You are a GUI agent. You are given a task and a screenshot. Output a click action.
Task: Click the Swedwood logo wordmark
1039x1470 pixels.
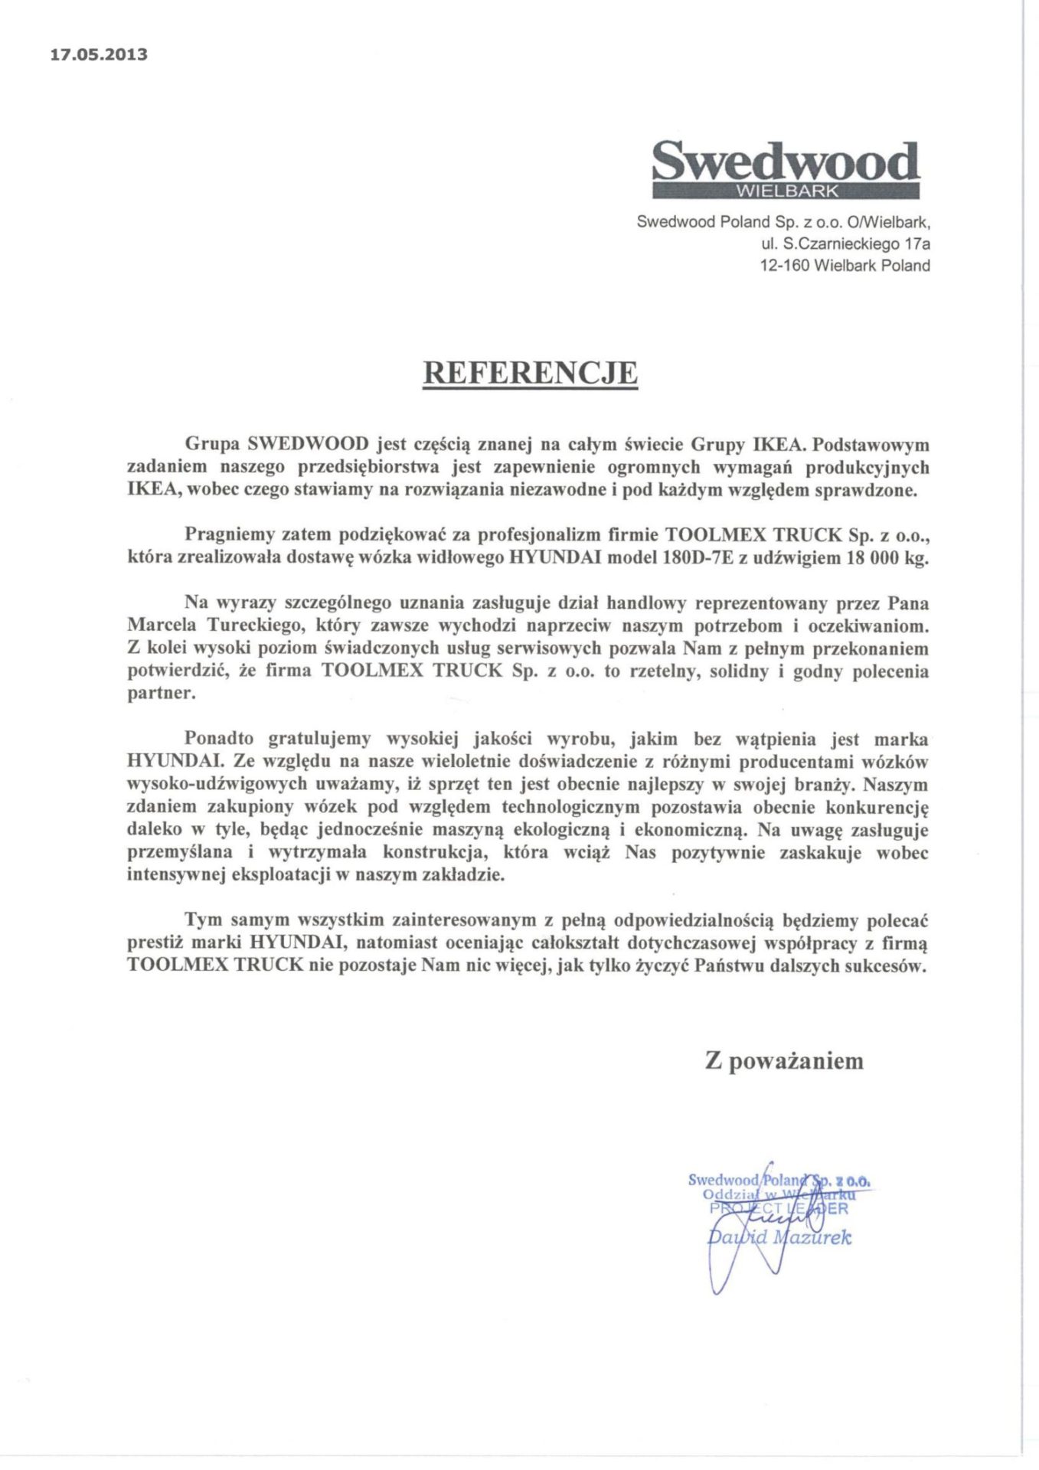785,161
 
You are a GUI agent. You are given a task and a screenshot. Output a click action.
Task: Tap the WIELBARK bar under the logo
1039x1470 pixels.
786,191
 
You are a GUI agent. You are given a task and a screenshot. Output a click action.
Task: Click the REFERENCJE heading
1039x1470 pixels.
531,372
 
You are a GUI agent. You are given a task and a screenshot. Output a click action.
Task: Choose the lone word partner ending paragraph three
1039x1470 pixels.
156,694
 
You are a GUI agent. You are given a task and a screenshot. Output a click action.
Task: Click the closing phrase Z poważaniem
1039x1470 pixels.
784,1061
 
